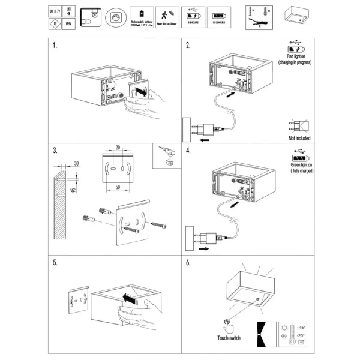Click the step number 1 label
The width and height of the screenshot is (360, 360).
pos(55,46)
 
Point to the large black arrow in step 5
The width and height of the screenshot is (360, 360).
pos(126,298)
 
